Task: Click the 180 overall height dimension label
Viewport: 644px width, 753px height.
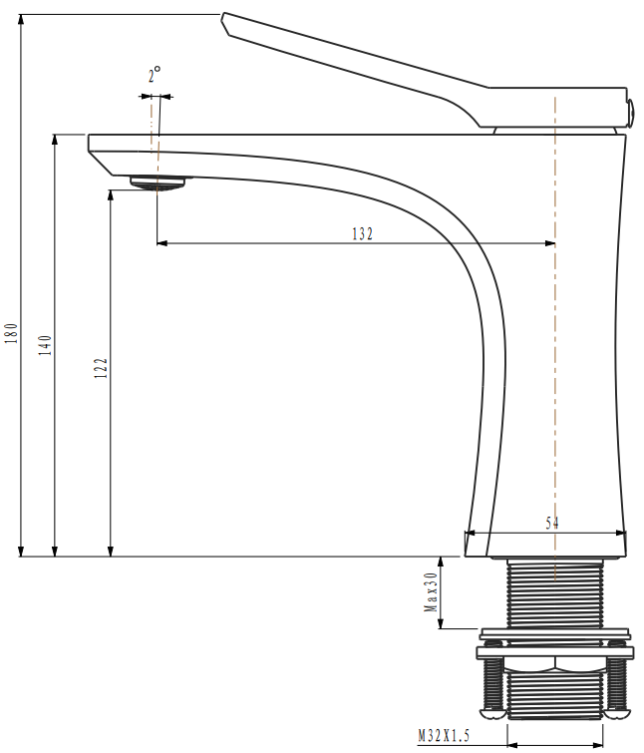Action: pyautogui.click(x=12, y=333)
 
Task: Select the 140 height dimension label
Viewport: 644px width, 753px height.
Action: pyautogui.click(x=46, y=345)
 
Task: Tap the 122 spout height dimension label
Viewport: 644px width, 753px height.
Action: pyautogui.click(x=102, y=368)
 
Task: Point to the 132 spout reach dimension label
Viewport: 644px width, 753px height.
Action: pyautogui.click(x=362, y=233)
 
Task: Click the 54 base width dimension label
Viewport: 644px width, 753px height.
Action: pyautogui.click(x=552, y=523)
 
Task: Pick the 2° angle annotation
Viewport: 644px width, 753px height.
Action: pyautogui.click(x=155, y=75)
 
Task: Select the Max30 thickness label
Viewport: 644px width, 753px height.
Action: pyautogui.click(x=431, y=591)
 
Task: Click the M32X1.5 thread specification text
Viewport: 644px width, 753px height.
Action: pyautogui.click(x=444, y=736)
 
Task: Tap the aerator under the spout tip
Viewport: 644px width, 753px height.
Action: pyautogui.click(x=158, y=183)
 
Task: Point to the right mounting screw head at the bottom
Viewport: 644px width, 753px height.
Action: pyautogui.click(x=616, y=714)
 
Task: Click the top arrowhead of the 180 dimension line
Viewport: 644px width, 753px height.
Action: pyautogui.click(x=21, y=20)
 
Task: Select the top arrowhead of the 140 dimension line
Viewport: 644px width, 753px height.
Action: pyautogui.click(x=55, y=140)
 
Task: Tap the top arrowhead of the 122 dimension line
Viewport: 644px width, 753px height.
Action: pyautogui.click(x=111, y=195)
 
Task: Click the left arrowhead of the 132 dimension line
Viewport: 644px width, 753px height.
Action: pyautogui.click(x=162, y=243)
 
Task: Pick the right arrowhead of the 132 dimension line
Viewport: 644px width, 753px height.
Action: pyautogui.click(x=550, y=243)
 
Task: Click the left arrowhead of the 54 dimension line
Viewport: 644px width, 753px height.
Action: pyautogui.click(x=471, y=533)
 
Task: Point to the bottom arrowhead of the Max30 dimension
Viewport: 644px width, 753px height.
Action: pyautogui.click(x=441, y=623)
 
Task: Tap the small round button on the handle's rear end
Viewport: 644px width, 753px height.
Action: pyautogui.click(x=630, y=111)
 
